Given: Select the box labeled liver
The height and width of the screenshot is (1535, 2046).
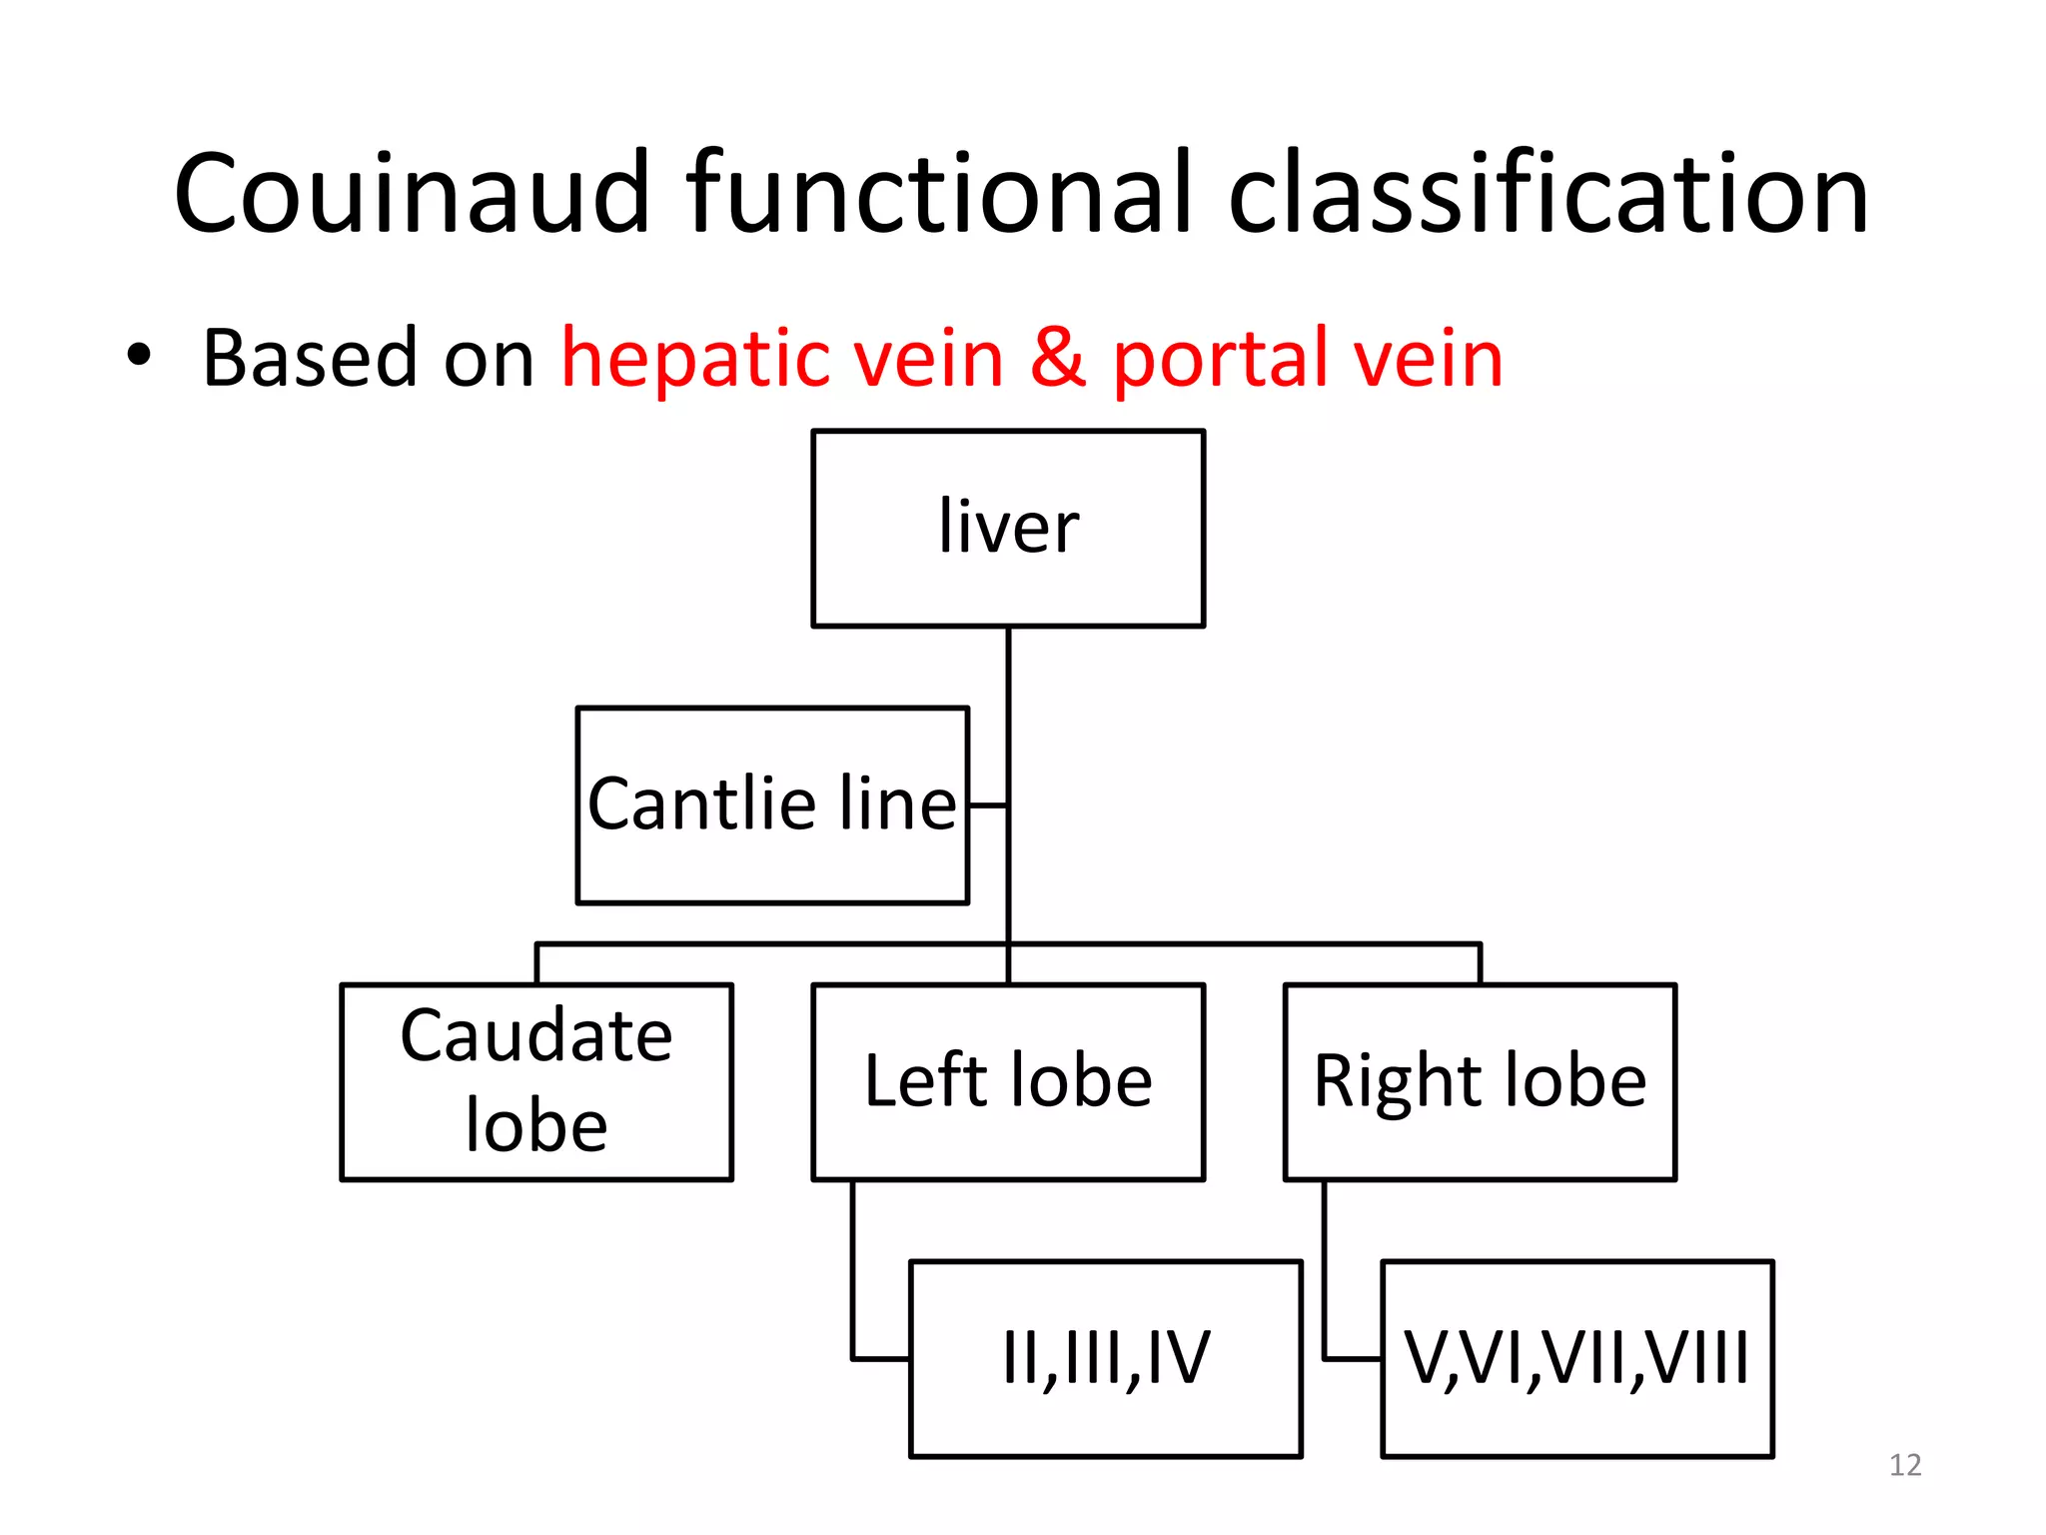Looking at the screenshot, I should tap(1007, 528).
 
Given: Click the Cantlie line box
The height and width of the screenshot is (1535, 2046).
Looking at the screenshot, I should tap(771, 804).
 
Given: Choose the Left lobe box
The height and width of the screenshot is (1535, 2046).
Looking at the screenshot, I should tap(1007, 1081).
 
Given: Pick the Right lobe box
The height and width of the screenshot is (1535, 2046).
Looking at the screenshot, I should tap(1479, 1081).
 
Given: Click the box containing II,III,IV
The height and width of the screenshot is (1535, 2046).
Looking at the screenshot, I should tap(1105, 1358).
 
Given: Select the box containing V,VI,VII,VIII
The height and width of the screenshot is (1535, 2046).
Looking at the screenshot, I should tap(1576, 1358).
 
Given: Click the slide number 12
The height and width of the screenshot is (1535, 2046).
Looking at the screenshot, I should tap(1904, 1465).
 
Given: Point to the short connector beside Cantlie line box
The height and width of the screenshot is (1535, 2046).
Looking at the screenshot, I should tap(988, 804).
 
